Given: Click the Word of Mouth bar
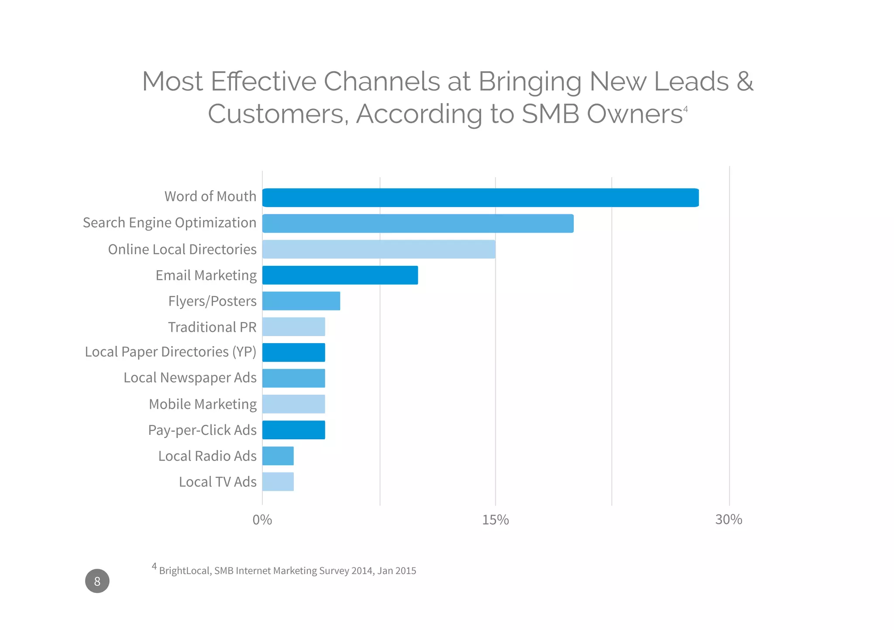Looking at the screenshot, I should coord(480,198).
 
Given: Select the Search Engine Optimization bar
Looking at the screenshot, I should coord(418,224).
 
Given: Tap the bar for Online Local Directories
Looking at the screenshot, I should coord(378,249).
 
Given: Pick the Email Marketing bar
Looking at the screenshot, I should coord(340,275).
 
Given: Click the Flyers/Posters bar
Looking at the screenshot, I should coord(301,301).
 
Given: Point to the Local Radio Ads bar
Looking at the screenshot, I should coord(278,456).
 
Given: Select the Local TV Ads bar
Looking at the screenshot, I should coord(278,482).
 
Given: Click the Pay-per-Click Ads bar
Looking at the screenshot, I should coord(294,430).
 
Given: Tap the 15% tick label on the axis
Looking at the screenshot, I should coord(495,520).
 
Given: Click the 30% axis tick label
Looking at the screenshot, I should coord(729,520).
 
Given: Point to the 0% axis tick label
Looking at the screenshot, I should coord(262,520).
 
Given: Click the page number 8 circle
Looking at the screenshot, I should coord(97,581).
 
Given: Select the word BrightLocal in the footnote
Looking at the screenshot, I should coord(185,571).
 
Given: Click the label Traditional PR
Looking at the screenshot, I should coord(212,327).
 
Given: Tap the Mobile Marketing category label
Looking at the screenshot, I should coord(203,404).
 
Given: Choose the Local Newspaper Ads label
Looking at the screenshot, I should coord(190,378).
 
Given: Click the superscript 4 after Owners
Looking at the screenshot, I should coord(685,109).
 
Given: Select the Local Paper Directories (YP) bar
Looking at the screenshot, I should coord(294,352).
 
